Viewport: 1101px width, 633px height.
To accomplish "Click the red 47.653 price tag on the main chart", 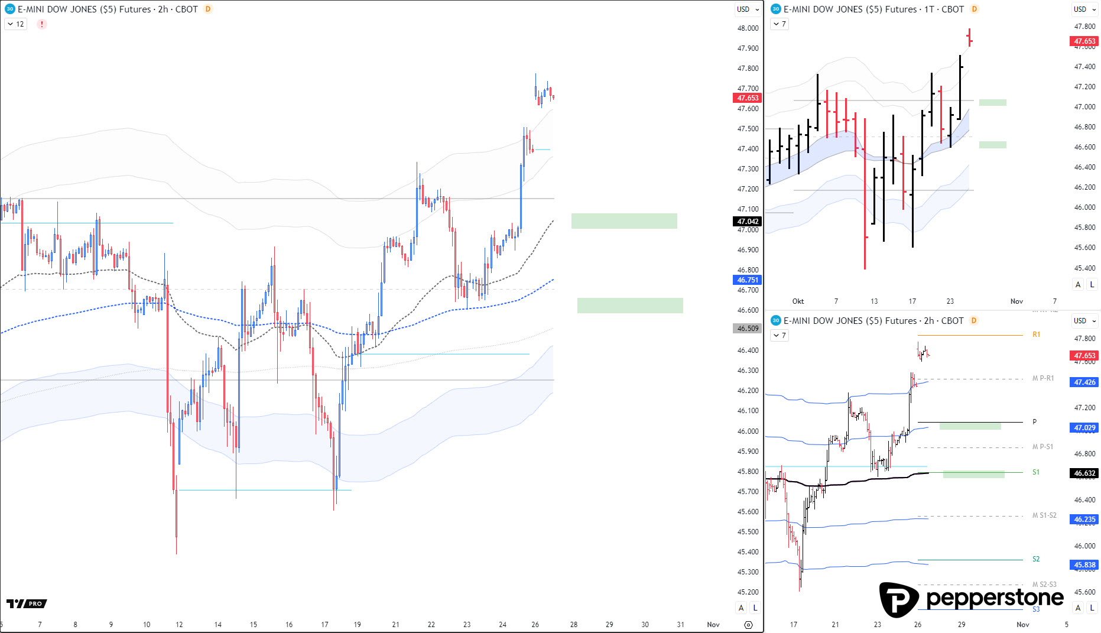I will (x=747, y=98).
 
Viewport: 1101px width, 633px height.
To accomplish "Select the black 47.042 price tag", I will (x=747, y=222).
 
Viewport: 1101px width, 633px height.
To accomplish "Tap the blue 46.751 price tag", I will (x=747, y=280).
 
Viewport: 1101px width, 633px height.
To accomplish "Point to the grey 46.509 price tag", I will (x=747, y=329).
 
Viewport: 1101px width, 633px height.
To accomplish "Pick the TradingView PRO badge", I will (x=27, y=603).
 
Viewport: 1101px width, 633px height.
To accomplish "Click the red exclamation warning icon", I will (x=42, y=24).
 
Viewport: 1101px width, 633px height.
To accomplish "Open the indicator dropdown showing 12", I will (x=16, y=24).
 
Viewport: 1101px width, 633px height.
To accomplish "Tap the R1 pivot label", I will (x=1036, y=335).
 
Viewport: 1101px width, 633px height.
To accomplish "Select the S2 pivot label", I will (x=1036, y=559).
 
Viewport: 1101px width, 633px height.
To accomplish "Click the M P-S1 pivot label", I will (x=1042, y=447).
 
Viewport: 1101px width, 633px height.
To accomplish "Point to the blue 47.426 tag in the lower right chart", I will (x=1084, y=382).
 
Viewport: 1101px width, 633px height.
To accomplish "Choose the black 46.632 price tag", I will (x=1084, y=473).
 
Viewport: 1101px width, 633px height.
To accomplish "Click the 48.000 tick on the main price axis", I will (x=748, y=28).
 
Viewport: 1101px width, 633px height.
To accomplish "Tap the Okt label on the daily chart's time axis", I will (x=798, y=301).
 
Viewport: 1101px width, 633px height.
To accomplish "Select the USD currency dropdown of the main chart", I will (x=748, y=9).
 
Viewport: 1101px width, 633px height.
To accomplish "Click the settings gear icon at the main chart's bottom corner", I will (x=748, y=625).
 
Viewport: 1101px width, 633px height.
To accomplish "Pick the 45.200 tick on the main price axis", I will (x=748, y=592).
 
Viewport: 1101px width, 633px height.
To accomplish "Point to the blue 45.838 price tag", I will (x=1084, y=565).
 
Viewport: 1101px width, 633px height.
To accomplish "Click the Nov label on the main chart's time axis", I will (x=713, y=625).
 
